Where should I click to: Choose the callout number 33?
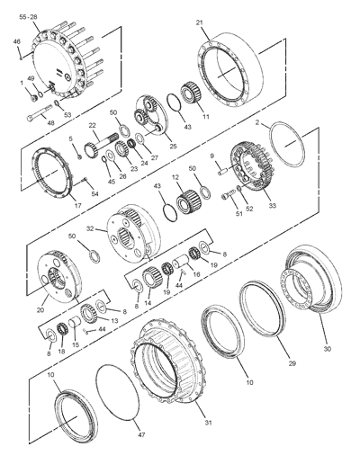point(273,205)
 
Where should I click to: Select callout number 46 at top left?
point(16,41)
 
